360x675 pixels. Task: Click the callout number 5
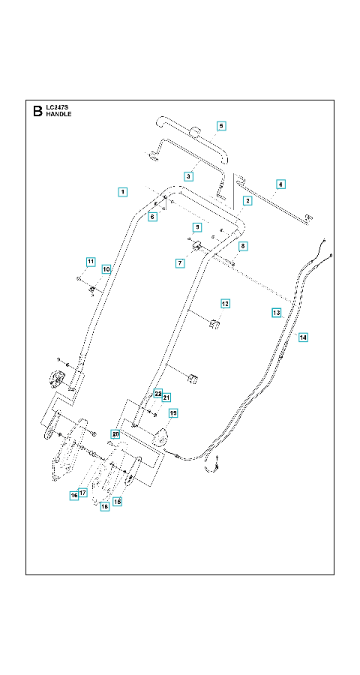pos(221,126)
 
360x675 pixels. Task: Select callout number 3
pos(187,176)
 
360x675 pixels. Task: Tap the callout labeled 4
pos(280,184)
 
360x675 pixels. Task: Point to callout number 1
pos(123,192)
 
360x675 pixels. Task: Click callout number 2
pos(247,200)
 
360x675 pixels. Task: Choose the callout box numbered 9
pos(196,226)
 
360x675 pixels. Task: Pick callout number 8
pos(242,246)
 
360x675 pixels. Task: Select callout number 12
pos(225,304)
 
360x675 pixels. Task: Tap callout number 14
pos(303,337)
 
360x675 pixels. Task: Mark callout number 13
pos(277,313)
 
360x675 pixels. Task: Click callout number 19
pos(173,414)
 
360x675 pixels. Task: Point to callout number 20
pos(115,433)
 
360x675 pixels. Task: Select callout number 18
pos(105,507)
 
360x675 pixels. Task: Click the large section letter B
pos(37,112)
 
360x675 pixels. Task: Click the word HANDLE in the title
pos(58,115)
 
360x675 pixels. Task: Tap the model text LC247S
pos(56,108)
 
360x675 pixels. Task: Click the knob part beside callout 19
pos(160,436)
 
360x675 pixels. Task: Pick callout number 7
pos(180,262)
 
